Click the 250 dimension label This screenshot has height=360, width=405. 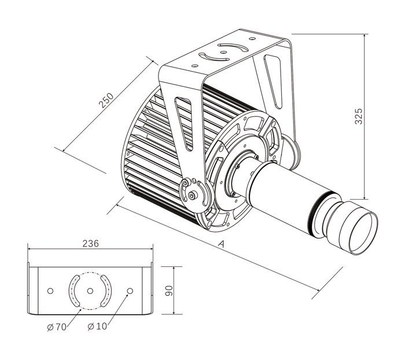[x=106, y=100]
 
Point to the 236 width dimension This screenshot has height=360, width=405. [x=91, y=243]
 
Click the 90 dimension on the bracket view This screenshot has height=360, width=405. [x=170, y=290]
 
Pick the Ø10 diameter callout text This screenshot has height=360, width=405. [x=97, y=326]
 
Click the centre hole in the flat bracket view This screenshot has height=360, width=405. [x=90, y=291]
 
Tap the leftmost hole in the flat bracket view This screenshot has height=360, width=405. [x=50, y=291]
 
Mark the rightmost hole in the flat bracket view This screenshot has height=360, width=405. [x=130, y=291]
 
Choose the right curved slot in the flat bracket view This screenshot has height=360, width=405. [x=106, y=291]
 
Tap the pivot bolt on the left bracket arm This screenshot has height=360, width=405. [x=193, y=196]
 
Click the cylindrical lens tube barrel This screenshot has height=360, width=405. [x=283, y=191]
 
